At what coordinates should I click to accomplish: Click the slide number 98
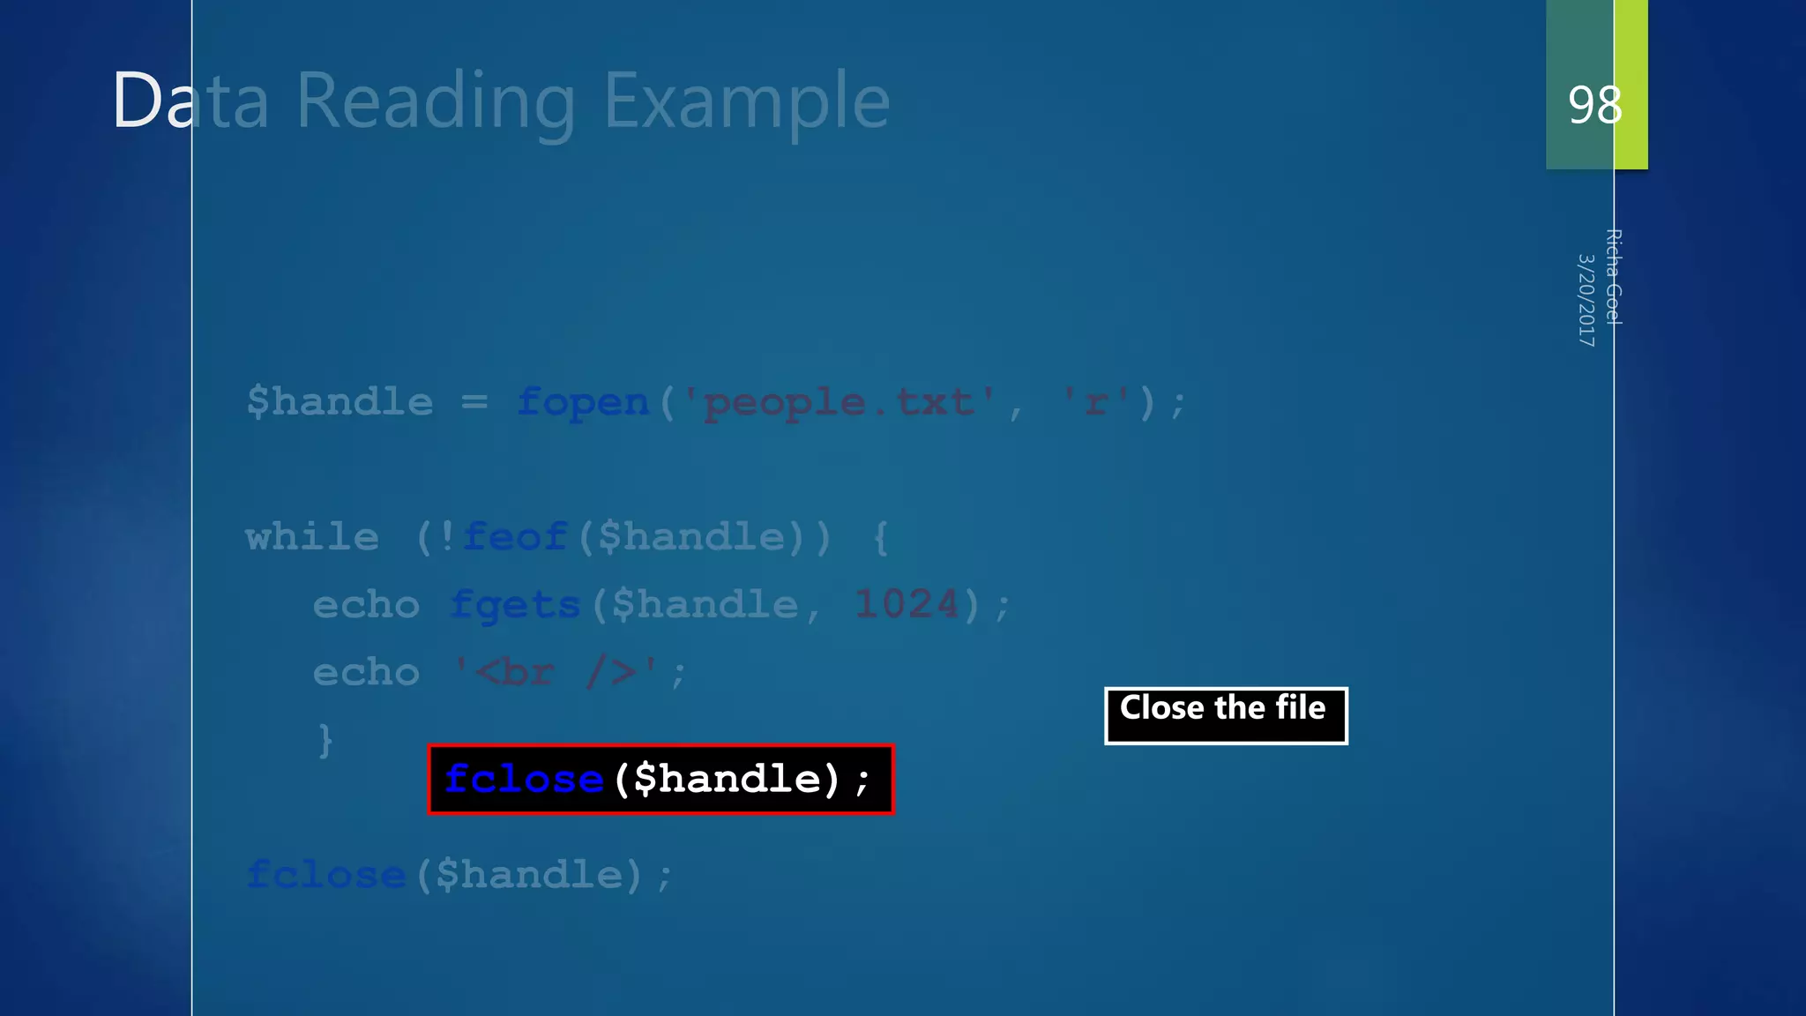[1594, 105]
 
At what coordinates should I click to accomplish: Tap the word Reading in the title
[436, 102]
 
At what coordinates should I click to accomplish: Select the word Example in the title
[747, 102]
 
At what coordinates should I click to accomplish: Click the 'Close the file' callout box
[1225, 715]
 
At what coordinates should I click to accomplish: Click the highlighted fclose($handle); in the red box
[660, 780]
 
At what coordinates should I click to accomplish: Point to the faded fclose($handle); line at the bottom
[459, 875]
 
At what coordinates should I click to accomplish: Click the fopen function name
[583, 402]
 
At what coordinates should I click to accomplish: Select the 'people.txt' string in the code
[839, 403]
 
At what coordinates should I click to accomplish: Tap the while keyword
[312, 536]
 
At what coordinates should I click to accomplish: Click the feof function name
[515, 536]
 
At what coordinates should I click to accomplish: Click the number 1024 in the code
[907, 604]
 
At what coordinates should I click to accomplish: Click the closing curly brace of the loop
[325, 740]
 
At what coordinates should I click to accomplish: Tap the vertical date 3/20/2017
[1586, 300]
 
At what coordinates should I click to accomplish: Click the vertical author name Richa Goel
[1613, 277]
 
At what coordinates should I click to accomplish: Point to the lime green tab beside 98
[1631, 84]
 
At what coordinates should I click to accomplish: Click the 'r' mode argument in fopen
[1096, 403]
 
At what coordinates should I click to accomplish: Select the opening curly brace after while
[880, 536]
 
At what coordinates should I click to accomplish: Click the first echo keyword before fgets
[366, 605]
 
